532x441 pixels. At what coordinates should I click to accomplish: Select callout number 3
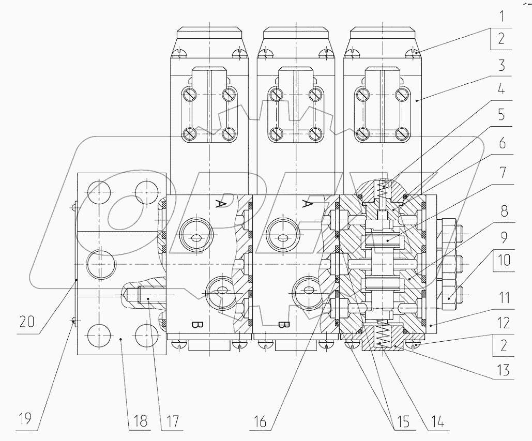[x=501, y=66]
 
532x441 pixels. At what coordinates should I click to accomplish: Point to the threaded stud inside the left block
[x=147, y=298]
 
